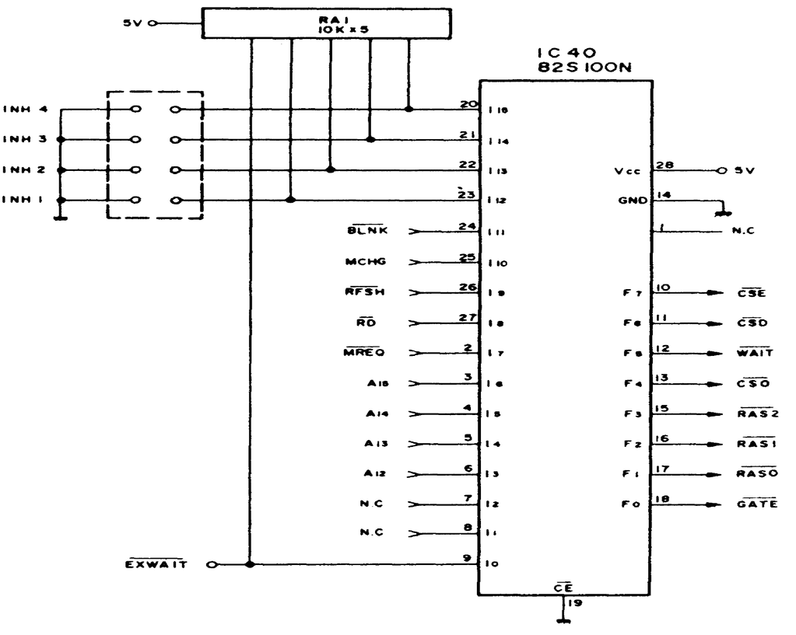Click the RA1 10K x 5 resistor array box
(x=326, y=23)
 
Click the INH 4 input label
(x=26, y=110)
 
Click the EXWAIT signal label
(x=156, y=564)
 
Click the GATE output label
(x=756, y=504)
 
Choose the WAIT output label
(x=755, y=353)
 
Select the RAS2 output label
(x=756, y=414)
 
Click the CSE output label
(x=751, y=293)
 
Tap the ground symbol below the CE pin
(x=562, y=619)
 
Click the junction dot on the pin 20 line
(x=409, y=110)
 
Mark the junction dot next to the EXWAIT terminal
(x=250, y=564)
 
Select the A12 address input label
(x=372, y=473)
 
